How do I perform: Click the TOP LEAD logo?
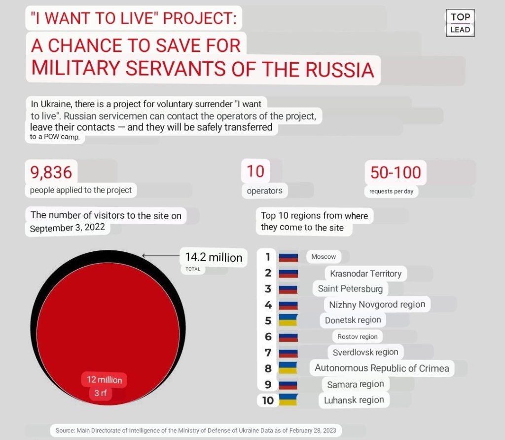[460, 23]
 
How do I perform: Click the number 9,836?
[51, 172]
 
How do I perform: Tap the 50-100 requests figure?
[396, 172]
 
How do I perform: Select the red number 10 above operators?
[255, 171]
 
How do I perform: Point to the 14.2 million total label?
[214, 257]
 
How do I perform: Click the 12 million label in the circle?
[104, 380]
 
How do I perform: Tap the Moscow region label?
[324, 257]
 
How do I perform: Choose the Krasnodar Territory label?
[365, 274]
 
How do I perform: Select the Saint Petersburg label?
[350, 288]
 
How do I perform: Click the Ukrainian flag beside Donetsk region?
[288, 320]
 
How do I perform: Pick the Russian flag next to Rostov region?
[288, 337]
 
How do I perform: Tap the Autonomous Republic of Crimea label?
[382, 368]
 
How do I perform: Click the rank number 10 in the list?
[268, 400]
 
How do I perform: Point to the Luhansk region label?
[354, 400]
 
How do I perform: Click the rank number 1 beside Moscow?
[268, 257]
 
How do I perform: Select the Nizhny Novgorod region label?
[377, 304]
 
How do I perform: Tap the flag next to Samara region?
[288, 384]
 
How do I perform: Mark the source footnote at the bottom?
[196, 431]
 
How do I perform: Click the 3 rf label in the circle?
[101, 394]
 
